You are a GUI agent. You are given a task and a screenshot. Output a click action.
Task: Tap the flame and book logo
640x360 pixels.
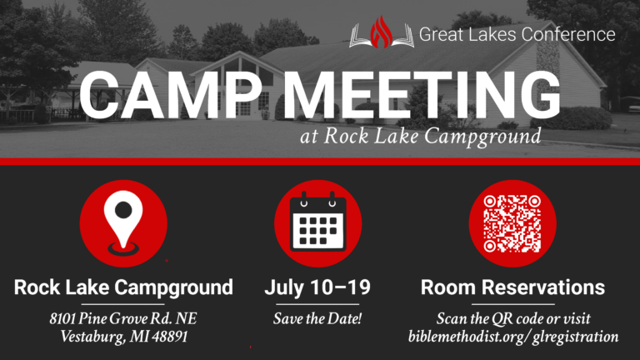[x=382, y=33]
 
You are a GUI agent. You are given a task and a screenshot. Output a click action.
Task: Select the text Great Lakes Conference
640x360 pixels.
[x=517, y=34]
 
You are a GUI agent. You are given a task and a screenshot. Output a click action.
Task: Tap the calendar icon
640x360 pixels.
[x=317, y=221]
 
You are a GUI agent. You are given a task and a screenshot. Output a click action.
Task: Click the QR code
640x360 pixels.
[x=512, y=221]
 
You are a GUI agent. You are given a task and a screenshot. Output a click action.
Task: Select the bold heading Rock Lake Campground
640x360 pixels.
[x=123, y=288]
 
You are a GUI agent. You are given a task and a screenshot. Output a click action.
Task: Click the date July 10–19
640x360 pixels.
[x=317, y=288]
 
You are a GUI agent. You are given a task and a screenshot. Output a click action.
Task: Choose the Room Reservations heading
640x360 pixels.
[x=512, y=288]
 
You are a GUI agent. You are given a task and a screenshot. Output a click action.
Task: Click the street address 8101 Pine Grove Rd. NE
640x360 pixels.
[x=123, y=319]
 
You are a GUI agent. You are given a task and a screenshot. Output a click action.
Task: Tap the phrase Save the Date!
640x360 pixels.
[x=317, y=319]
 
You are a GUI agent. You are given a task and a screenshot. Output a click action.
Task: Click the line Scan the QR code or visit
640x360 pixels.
[x=513, y=319]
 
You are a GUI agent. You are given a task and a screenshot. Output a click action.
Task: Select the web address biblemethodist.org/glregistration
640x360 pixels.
[x=513, y=337]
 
